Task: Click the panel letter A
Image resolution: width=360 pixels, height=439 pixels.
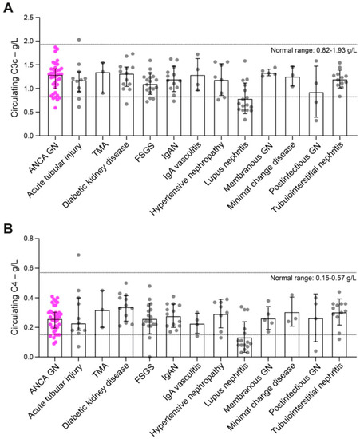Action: coord(8,8)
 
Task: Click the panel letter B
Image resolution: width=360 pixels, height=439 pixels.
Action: coord(8,229)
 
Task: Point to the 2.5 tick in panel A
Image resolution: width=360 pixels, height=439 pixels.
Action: coord(37,18)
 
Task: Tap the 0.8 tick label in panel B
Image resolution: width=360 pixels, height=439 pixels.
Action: coord(28,239)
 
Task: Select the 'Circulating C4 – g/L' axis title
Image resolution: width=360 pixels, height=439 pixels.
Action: coord(14,297)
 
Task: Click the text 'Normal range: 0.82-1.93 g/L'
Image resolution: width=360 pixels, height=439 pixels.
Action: coord(314,50)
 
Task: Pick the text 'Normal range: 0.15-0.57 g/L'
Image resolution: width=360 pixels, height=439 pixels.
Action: coord(313,278)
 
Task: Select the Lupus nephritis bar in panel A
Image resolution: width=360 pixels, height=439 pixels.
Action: coord(245,117)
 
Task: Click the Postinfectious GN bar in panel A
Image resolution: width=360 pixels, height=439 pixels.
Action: coord(316,114)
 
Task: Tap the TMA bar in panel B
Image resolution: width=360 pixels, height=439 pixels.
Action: coord(102,334)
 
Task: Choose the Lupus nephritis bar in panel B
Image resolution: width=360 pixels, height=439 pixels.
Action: coord(245,347)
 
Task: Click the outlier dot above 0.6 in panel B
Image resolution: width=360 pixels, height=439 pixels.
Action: coord(79,255)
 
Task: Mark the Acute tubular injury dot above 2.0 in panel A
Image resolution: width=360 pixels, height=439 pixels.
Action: coord(79,40)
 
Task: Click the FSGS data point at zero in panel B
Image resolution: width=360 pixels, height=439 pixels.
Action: coord(150,357)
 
